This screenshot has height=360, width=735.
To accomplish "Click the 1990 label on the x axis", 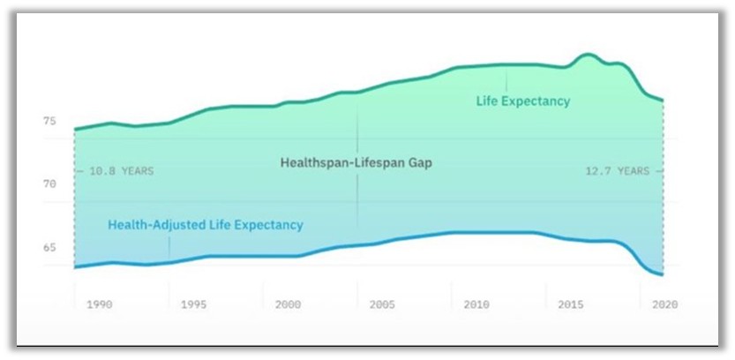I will point(99,304).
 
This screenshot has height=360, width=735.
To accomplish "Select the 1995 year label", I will point(193,304).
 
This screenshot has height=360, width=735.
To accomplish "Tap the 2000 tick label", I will point(288,304).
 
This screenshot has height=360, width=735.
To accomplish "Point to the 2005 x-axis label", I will point(382,304).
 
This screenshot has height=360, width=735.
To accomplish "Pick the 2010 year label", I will point(476,304).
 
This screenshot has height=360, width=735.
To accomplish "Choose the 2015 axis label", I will point(571,304).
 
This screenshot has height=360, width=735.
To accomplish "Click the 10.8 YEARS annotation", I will point(121,171).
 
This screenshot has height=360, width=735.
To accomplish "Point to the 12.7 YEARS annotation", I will point(617,171).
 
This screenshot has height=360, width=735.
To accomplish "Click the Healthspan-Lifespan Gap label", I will point(356,163).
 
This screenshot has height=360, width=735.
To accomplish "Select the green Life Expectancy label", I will point(523,101).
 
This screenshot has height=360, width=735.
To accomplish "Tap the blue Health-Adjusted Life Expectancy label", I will point(206,225).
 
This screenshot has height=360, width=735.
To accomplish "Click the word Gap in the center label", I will point(420,163).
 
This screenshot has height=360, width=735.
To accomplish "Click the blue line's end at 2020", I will point(662,275).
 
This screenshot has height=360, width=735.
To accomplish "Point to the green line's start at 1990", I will point(75,130).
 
